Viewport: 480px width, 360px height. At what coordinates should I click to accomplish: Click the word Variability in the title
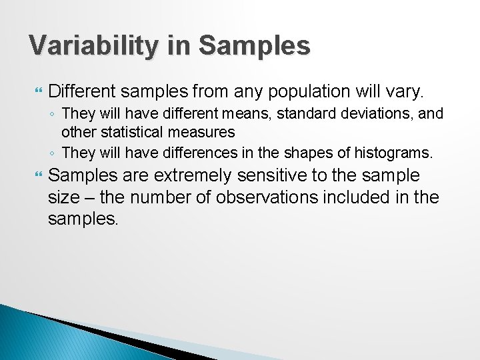(94, 46)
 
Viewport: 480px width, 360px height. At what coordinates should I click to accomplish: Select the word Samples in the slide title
(254, 46)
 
